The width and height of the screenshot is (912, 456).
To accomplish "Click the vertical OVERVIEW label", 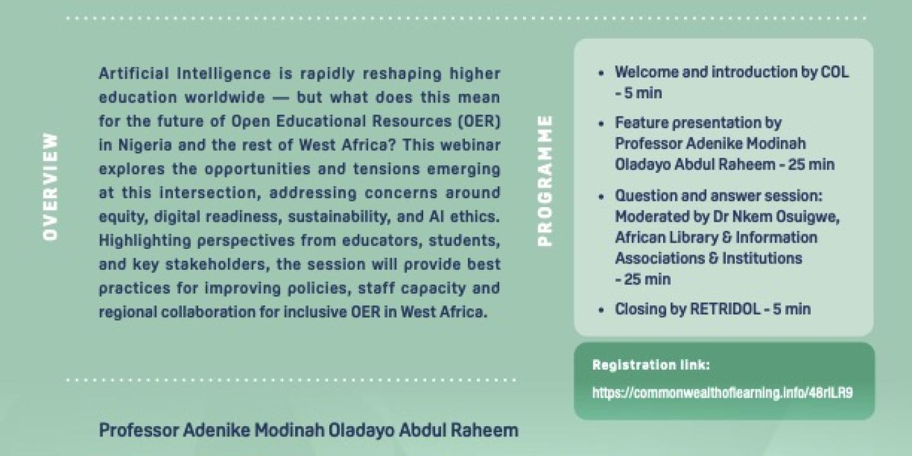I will click(51, 186).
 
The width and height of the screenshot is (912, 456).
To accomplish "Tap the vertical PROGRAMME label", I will click(545, 180).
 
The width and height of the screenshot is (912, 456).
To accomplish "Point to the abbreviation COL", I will click(834, 72).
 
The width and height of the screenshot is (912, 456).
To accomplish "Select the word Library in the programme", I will click(683, 237).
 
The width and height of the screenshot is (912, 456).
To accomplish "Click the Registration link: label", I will click(651, 365).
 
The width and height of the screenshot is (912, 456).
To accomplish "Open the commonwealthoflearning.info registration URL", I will click(722, 393).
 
